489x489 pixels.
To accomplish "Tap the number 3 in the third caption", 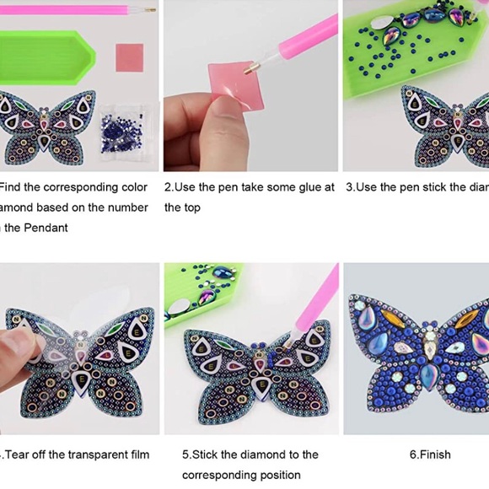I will (349, 187).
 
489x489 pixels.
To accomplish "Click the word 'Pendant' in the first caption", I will (46, 228).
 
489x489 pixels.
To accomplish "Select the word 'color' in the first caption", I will (132, 187).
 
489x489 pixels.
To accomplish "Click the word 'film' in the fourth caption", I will (138, 454).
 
